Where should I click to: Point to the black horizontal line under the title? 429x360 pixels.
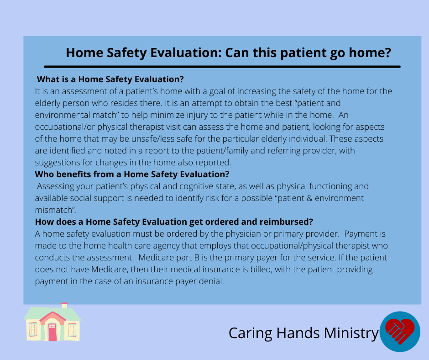222,67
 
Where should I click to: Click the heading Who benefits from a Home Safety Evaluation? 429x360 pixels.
132,174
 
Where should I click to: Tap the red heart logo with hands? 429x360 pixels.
400,331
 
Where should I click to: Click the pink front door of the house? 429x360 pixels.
52,332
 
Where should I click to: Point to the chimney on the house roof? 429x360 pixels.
64,305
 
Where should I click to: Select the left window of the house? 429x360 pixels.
33,329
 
